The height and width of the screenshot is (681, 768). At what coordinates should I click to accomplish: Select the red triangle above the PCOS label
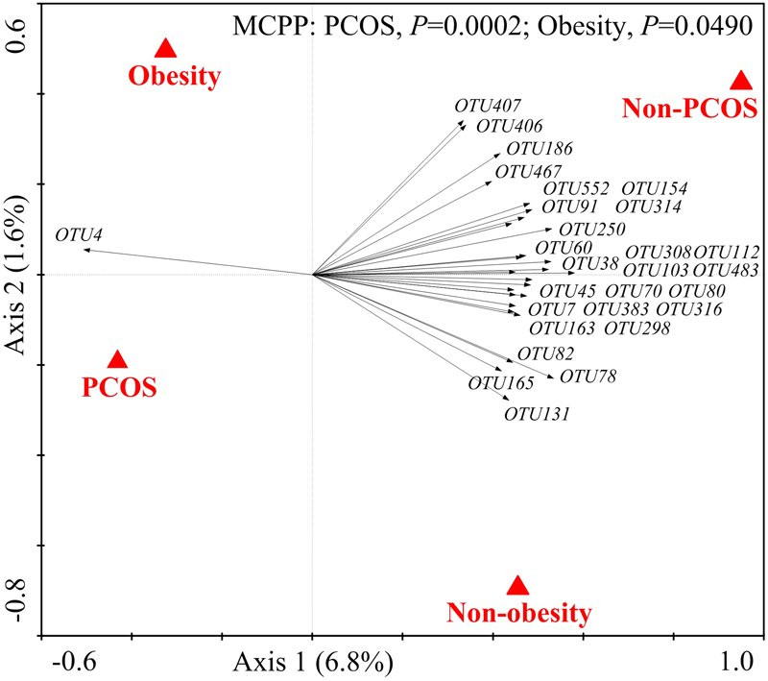[117, 360]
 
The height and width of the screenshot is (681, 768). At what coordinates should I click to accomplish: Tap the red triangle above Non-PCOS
[739, 82]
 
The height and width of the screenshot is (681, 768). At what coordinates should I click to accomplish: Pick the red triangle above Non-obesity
[518, 586]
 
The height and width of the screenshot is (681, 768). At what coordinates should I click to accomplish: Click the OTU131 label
[538, 415]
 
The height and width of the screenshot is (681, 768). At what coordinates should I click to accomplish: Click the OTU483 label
[727, 271]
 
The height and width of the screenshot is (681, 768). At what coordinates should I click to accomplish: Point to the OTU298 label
[636, 328]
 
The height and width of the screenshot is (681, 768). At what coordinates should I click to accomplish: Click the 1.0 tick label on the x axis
[738, 662]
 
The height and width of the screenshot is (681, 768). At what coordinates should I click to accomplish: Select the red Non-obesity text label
[518, 612]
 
